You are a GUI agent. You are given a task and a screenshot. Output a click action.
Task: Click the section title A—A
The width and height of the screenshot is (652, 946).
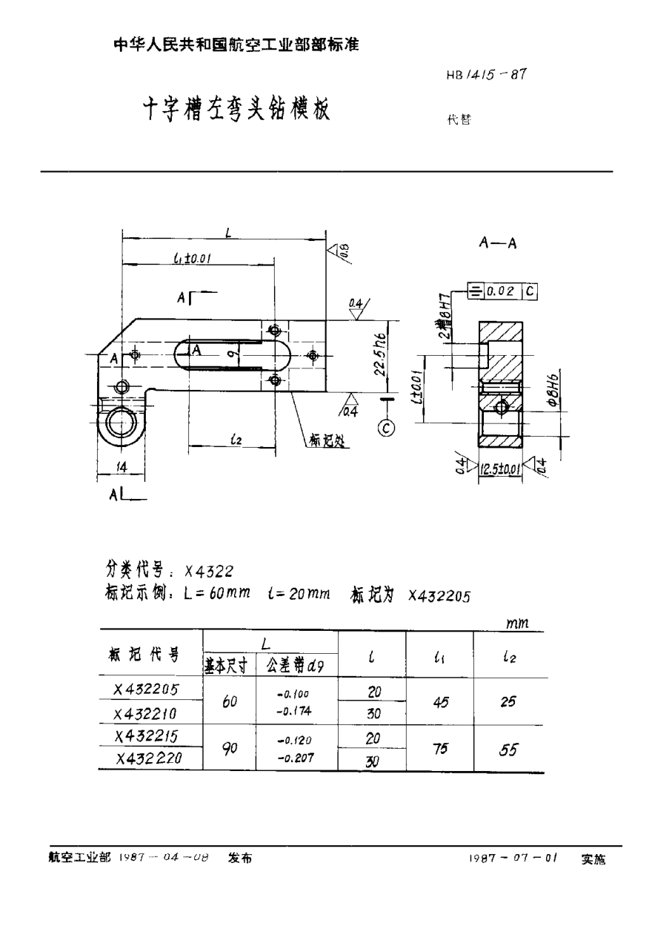497,244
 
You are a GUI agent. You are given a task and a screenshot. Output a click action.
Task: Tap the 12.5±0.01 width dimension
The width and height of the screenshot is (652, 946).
500,469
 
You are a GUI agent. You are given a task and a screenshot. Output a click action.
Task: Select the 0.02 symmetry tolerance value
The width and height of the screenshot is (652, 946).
502,291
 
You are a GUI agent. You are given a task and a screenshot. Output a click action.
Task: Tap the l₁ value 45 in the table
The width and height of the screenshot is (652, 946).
442,701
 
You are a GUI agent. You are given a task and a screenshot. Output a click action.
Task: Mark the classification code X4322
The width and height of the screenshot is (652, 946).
210,571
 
